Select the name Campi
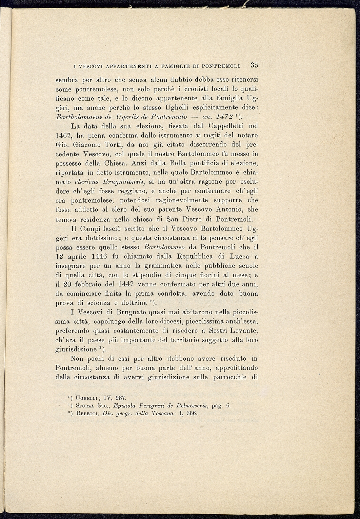tap(92, 228)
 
